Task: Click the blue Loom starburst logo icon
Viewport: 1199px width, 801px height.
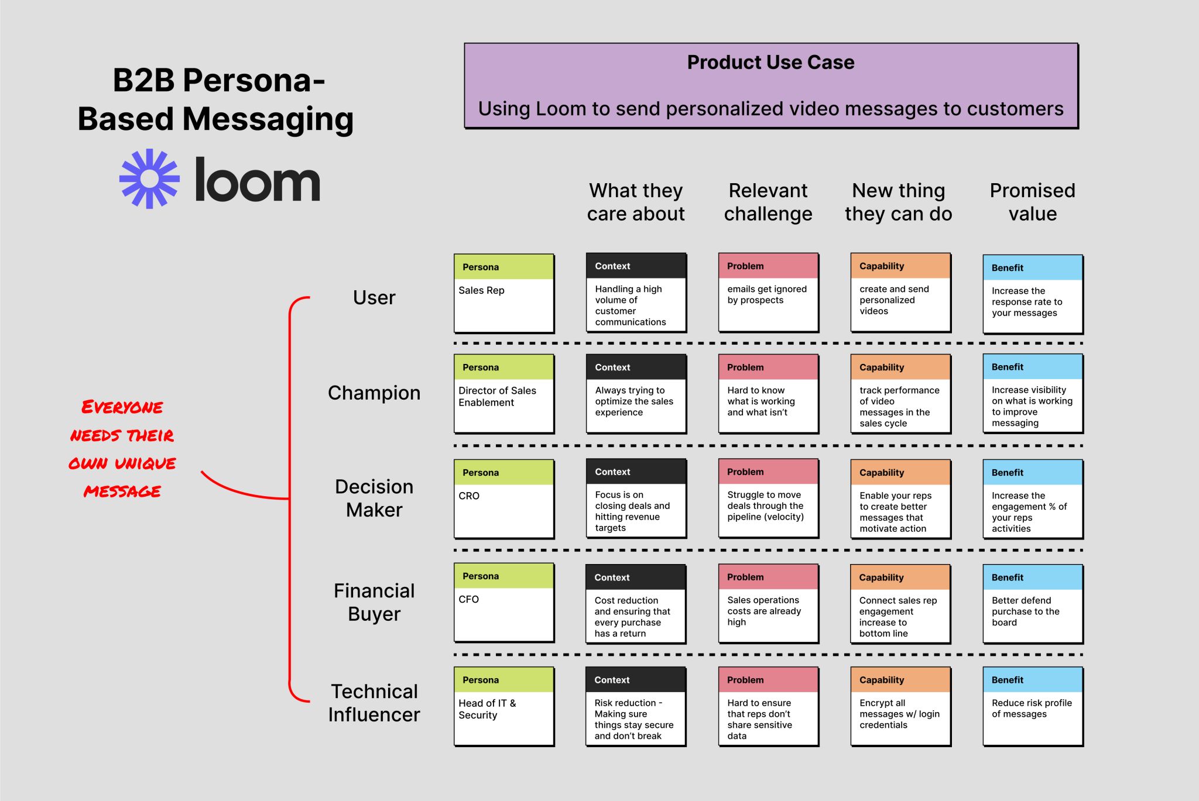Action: [x=149, y=179]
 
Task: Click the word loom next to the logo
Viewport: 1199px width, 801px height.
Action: [x=257, y=180]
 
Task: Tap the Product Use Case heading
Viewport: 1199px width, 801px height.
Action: [x=770, y=63]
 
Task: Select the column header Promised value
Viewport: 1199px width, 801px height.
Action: [x=1032, y=202]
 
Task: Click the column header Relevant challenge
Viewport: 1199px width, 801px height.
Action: [x=768, y=202]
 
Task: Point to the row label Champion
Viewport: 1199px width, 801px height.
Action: [x=374, y=393]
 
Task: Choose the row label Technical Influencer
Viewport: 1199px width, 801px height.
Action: [x=374, y=703]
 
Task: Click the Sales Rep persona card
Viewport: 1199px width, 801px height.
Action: [x=503, y=293]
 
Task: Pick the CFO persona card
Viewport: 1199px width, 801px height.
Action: [x=503, y=603]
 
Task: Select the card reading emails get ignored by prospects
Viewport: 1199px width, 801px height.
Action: [x=768, y=293]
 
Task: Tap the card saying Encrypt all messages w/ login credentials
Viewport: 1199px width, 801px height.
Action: [x=900, y=707]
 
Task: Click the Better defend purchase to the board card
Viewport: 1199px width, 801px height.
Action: [x=1032, y=604]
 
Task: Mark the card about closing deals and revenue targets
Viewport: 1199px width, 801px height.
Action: [x=636, y=499]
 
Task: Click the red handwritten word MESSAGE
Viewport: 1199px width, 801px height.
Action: [x=122, y=491]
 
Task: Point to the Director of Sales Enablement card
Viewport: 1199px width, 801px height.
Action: [x=503, y=394]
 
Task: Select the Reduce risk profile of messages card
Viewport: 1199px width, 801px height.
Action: [x=1032, y=707]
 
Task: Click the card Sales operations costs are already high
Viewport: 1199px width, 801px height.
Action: [x=768, y=604]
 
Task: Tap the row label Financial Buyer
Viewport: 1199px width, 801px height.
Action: [x=374, y=602]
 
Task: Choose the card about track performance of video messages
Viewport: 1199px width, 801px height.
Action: [x=900, y=394]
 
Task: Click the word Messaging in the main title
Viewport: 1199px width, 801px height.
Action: [x=268, y=119]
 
